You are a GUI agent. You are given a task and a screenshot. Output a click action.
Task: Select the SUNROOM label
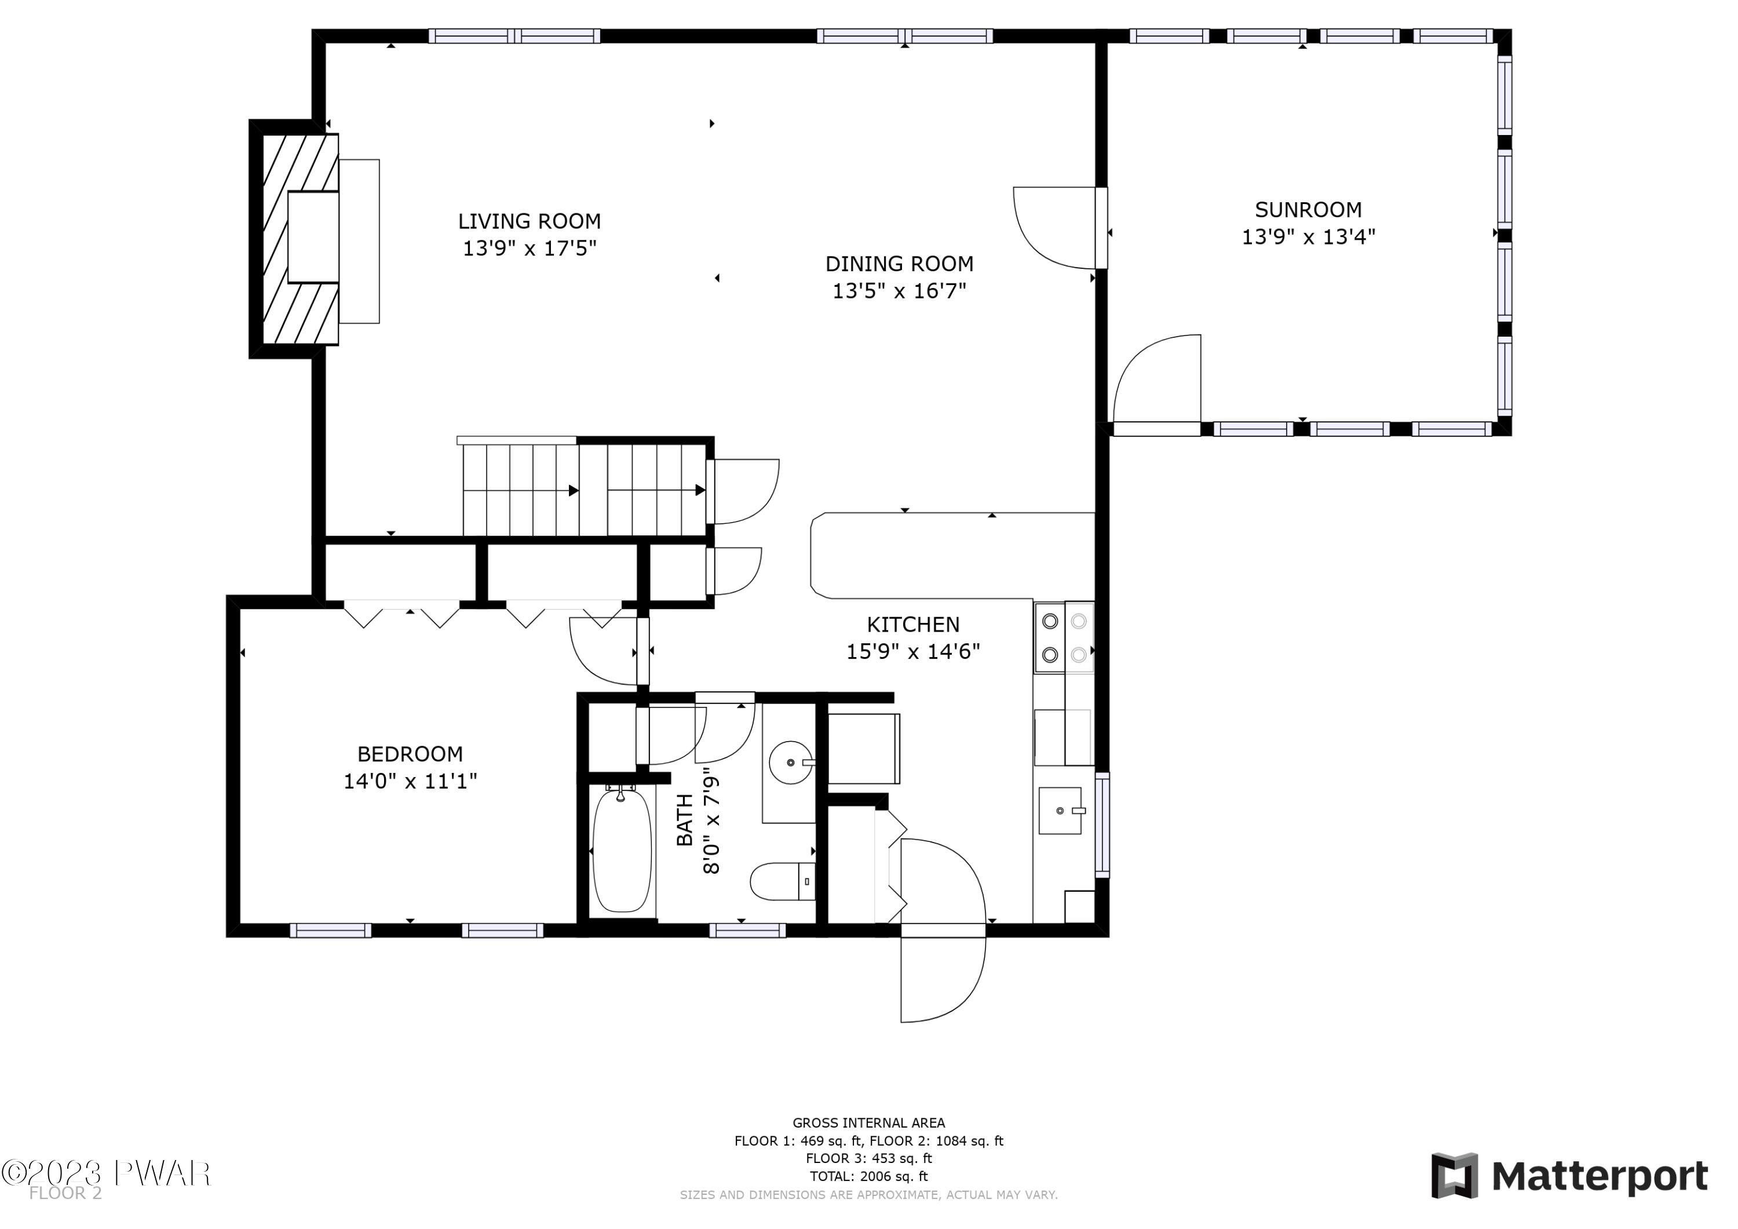(1308, 209)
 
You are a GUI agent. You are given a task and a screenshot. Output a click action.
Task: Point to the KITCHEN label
(913, 624)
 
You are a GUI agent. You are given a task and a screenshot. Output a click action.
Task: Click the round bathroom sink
(790, 762)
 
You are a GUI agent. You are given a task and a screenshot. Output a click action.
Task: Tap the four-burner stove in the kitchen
(1064, 637)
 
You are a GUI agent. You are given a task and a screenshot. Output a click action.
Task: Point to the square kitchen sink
(1060, 810)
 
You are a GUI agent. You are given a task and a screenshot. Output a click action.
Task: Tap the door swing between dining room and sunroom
(1056, 227)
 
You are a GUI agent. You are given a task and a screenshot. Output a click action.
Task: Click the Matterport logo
(1568, 1176)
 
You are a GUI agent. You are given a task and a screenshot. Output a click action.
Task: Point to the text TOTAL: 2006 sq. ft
(868, 1176)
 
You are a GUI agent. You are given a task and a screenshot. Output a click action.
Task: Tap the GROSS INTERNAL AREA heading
(868, 1123)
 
